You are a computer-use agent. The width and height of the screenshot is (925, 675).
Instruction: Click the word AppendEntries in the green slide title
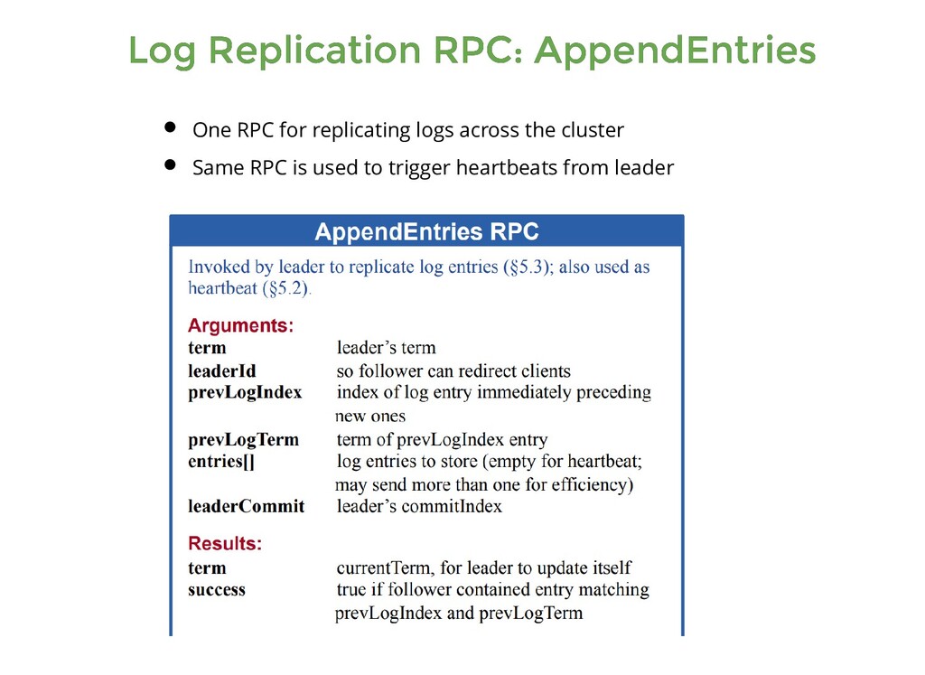[674, 51]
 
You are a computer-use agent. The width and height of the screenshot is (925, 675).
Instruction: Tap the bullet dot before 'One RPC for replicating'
[170, 127]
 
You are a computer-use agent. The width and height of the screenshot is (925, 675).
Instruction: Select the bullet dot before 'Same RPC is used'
[170, 165]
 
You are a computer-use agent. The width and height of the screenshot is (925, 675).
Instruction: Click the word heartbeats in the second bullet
[507, 168]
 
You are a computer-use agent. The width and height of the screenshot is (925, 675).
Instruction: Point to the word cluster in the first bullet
[593, 130]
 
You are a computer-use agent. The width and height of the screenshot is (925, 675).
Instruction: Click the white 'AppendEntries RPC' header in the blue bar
[426, 232]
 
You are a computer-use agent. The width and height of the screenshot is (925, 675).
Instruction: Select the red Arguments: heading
[240, 325]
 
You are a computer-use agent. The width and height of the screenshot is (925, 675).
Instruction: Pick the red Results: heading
[225, 544]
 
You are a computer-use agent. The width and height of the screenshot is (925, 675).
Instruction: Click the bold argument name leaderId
[222, 370]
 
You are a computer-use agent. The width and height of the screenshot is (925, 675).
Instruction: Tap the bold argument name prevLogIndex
[245, 393]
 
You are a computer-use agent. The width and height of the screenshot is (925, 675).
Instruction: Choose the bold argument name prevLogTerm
[243, 440]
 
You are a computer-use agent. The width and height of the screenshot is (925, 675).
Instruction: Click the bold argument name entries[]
[221, 462]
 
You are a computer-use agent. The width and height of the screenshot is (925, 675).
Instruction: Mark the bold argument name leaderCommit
[246, 506]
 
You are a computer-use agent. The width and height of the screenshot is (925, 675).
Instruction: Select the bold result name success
[217, 590]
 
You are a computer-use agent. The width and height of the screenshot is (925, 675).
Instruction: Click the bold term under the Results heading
[207, 568]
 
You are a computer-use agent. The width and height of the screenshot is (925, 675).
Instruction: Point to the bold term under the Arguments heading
[207, 348]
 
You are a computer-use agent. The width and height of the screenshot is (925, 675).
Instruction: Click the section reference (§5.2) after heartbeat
[286, 289]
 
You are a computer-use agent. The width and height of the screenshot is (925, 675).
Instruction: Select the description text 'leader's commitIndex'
[419, 506]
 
